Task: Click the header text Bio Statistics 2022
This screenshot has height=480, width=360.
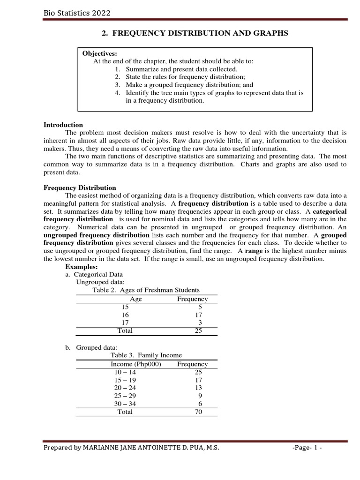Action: click(x=77, y=13)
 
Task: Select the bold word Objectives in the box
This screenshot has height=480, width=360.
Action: click(x=99, y=53)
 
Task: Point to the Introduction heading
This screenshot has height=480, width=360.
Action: click(x=63, y=125)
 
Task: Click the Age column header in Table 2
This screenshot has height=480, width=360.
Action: click(x=135, y=299)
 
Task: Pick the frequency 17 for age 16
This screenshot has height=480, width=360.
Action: click(x=198, y=315)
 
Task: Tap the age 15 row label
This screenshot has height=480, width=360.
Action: click(x=125, y=307)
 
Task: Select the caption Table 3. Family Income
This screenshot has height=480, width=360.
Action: click(x=146, y=355)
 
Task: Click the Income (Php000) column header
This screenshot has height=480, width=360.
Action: click(x=135, y=364)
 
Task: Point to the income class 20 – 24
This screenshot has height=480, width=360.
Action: click(x=125, y=388)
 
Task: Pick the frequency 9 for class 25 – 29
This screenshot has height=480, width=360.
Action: click(x=201, y=396)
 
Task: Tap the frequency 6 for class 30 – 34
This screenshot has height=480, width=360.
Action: click(x=201, y=404)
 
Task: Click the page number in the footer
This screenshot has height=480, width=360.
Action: click(x=307, y=448)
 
